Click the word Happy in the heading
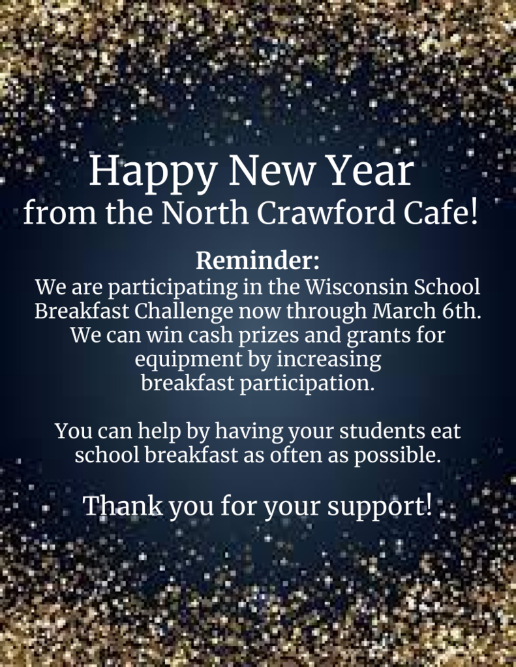[x=153, y=172]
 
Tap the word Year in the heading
[x=371, y=170]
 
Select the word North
[x=205, y=212]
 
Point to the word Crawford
[x=326, y=212]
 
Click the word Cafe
[x=435, y=212]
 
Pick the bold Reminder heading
[x=258, y=261]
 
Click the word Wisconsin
[x=356, y=287]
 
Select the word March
[x=404, y=311]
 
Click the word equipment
[x=189, y=360]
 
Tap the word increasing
[x=329, y=360]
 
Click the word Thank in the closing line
[x=123, y=505]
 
